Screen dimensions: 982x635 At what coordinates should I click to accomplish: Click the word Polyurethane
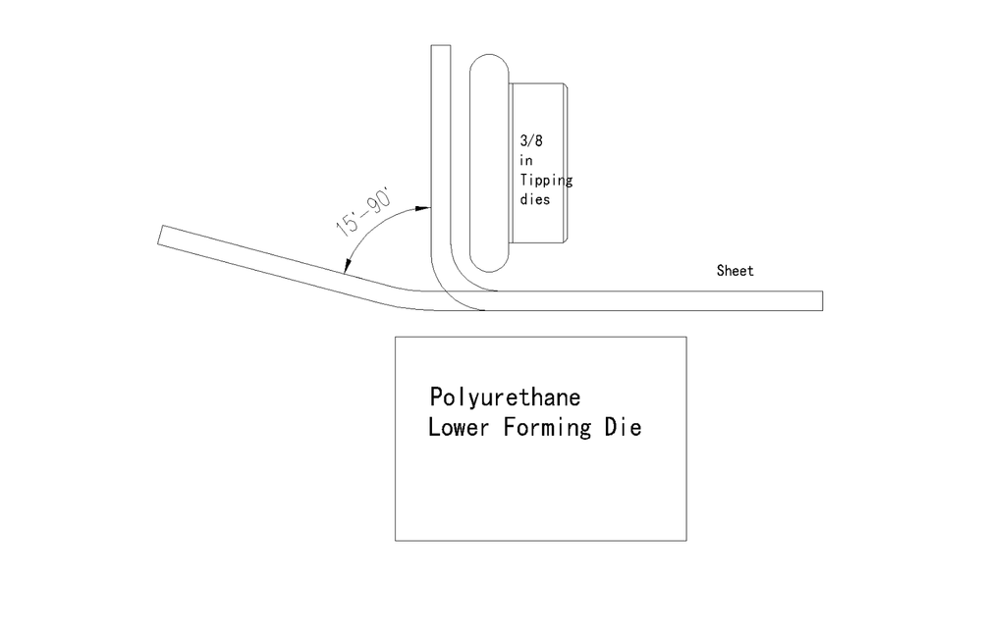coord(505,398)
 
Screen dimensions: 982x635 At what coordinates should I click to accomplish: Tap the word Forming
coord(547,428)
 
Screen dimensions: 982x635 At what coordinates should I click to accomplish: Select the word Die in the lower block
coord(624,427)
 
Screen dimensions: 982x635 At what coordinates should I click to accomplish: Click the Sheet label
coord(736,271)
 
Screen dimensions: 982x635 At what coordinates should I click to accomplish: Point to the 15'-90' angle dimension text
coord(363,211)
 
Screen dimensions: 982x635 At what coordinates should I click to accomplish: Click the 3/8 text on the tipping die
coord(531,140)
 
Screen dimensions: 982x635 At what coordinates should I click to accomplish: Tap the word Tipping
coord(546,181)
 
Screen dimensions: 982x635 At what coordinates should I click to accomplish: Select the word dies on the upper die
coord(535,200)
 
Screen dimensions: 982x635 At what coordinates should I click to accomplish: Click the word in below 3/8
coord(525,160)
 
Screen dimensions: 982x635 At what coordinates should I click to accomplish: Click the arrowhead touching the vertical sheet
coord(424,207)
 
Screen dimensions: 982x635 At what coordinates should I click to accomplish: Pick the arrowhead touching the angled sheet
coord(347,267)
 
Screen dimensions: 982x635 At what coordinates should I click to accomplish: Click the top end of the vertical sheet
coord(441,46)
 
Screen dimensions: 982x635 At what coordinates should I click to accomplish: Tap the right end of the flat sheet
coord(822,300)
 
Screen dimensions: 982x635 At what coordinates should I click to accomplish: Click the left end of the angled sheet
coord(160,235)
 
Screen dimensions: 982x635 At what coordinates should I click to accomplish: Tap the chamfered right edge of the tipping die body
coord(566,163)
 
